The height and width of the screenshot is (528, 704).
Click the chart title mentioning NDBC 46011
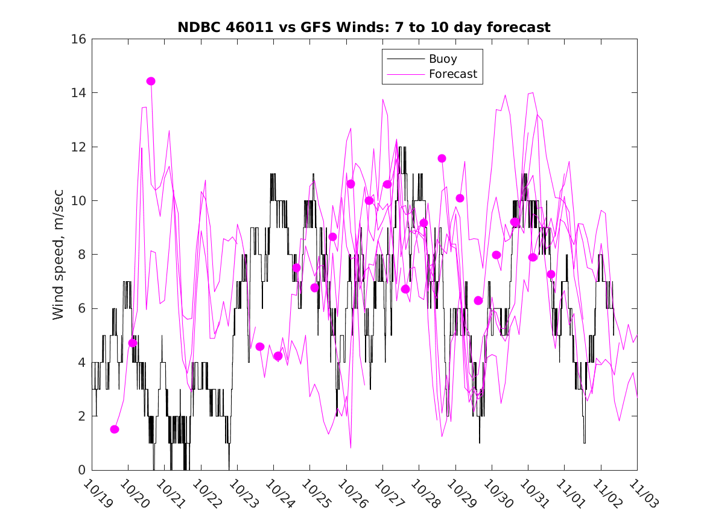(x=364, y=27)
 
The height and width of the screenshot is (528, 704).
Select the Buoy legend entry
(x=443, y=59)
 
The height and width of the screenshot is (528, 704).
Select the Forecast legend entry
(x=452, y=74)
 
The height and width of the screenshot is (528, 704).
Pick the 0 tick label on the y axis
(x=82, y=470)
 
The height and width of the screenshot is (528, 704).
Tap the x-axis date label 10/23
(x=241, y=493)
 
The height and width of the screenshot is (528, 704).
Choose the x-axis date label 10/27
(x=386, y=493)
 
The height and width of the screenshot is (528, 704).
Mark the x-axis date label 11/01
(x=568, y=493)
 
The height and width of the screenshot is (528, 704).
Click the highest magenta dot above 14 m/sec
(x=151, y=81)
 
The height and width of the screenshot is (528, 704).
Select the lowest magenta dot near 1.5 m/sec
(x=115, y=429)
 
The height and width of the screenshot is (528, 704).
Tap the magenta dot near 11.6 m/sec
(x=442, y=158)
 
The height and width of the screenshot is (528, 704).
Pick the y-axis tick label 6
(x=82, y=308)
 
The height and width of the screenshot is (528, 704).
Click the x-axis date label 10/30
(x=495, y=493)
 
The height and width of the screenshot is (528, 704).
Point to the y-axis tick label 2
(x=82, y=416)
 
